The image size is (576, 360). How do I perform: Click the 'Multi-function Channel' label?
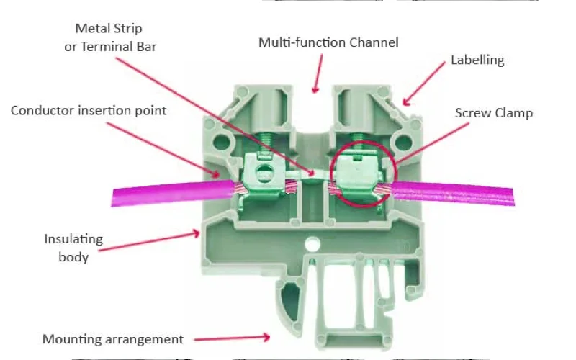tap(328, 42)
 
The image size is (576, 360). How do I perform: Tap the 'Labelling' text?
tap(477, 60)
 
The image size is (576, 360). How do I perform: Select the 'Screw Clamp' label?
tap(494, 113)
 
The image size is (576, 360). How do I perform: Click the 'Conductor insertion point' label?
tap(89, 110)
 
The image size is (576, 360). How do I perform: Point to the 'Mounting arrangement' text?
tap(113, 338)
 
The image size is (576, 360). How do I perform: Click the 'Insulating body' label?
tap(73, 248)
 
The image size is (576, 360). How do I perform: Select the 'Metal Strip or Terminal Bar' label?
tap(109, 37)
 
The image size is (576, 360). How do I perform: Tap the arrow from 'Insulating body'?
tap(151, 240)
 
